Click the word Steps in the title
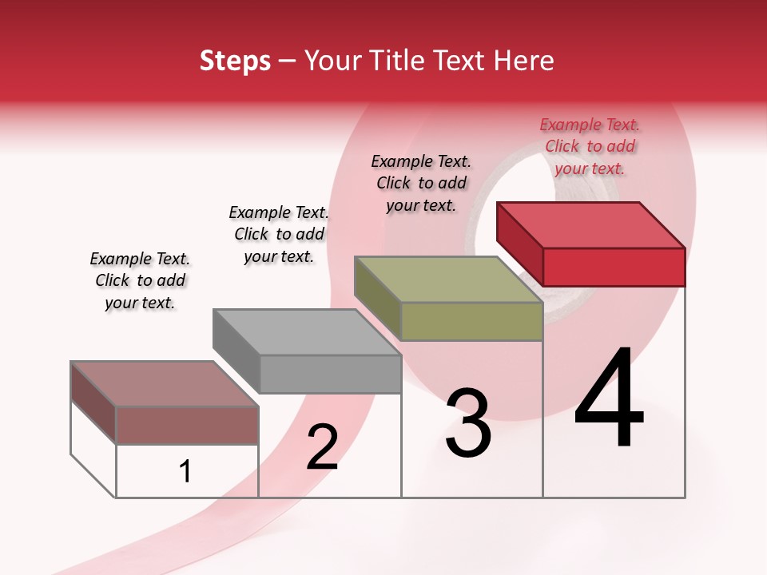pyautogui.click(x=235, y=61)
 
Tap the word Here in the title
pyautogui.click(x=524, y=61)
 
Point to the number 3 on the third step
pyautogui.click(x=468, y=423)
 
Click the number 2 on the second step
pyautogui.click(x=322, y=447)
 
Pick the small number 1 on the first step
pyautogui.click(x=185, y=472)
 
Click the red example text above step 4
pyautogui.click(x=590, y=146)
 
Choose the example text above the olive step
pyautogui.click(x=421, y=183)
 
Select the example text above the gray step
pyautogui.click(x=279, y=234)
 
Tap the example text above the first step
pyautogui.click(x=140, y=280)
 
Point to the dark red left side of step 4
pyautogui.click(x=519, y=244)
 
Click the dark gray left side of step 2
pyautogui.click(x=236, y=351)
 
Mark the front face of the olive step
pyautogui.click(x=471, y=322)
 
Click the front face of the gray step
pyautogui.click(x=330, y=374)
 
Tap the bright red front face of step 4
pyautogui.click(x=614, y=267)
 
